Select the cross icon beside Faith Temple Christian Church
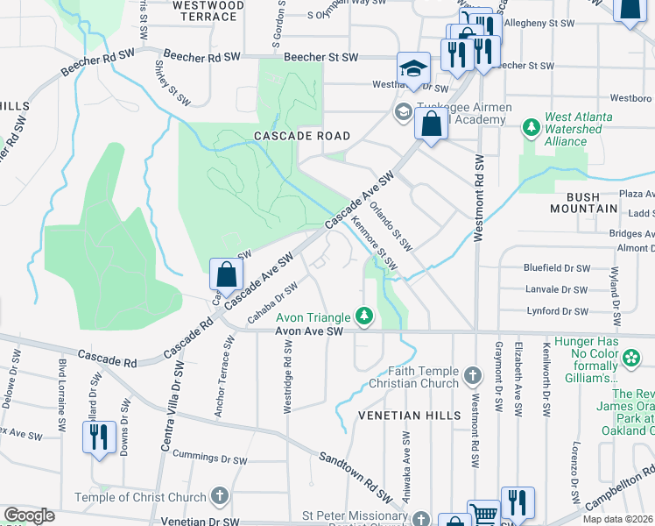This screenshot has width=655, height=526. pos(473,377)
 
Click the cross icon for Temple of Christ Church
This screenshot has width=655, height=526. pos(219,496)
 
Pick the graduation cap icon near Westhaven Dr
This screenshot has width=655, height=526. pos(413,68)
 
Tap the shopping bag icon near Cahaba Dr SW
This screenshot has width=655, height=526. pos(226,274)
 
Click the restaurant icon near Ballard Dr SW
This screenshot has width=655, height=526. pos(99,437)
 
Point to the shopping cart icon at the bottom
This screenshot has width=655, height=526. pos(483,515)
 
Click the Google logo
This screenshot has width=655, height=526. pos(29,515)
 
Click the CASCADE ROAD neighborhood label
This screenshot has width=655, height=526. pos(302,136)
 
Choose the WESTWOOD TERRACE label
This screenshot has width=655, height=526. pos(208,11)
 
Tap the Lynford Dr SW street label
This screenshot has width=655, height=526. pos(556,311)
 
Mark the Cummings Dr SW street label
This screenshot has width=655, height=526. pos(208,457)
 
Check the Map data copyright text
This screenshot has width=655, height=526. pos(616,519)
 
